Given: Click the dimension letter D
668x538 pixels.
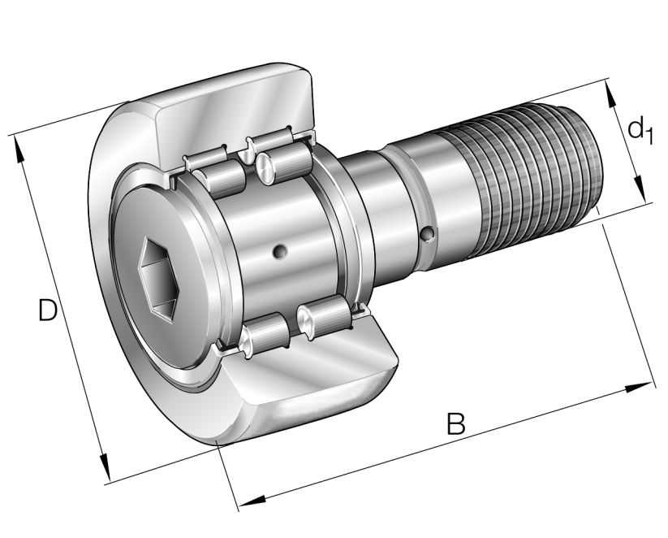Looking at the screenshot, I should tap(48, 310).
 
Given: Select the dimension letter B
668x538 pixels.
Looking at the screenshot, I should tap(457, 423).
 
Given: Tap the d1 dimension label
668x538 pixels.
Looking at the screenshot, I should tap(640, 129).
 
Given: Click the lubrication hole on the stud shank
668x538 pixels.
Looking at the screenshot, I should tap(427, 236).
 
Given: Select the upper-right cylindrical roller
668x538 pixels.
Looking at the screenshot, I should tap(284, 161).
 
